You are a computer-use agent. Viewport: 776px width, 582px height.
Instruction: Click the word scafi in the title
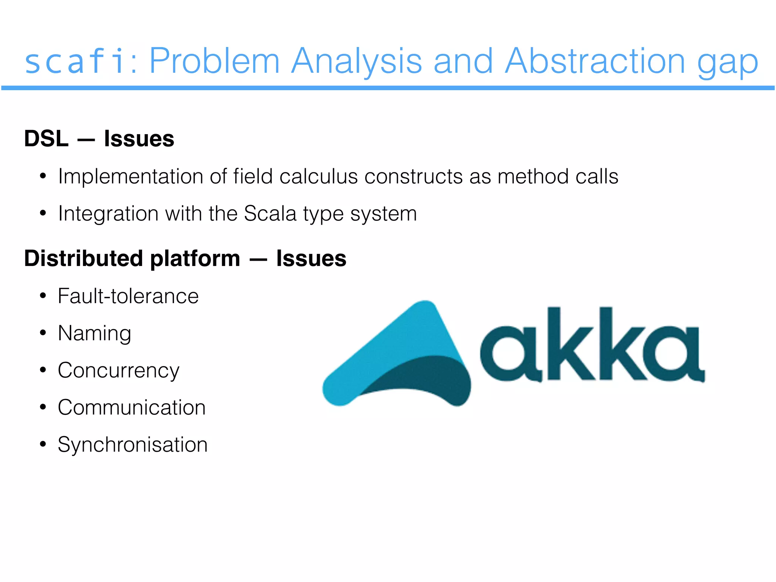tap(75, 61)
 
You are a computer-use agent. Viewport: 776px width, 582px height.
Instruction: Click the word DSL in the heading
tap(46, 139)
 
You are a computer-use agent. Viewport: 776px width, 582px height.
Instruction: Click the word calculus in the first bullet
tap(318, 177)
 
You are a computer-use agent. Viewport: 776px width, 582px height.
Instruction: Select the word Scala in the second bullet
tap(270, 213)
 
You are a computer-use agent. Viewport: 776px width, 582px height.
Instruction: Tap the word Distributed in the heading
tap(83, 258)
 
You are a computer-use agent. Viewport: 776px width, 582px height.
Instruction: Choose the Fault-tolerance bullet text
tap(128, 296)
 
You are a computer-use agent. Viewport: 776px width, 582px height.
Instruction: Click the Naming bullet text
tap(94, 333)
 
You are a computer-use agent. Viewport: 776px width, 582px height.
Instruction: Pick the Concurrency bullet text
tap(118, 371)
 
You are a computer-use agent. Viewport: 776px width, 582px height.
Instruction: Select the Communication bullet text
tap(131, 408)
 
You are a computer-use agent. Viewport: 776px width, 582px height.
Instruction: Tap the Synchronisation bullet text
tap(133, 445)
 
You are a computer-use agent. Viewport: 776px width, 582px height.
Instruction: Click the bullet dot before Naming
tap(43, 333)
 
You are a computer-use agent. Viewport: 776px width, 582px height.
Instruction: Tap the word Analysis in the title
tap(356, 61)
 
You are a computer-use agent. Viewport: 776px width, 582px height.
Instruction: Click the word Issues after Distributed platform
tap(311, 258)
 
